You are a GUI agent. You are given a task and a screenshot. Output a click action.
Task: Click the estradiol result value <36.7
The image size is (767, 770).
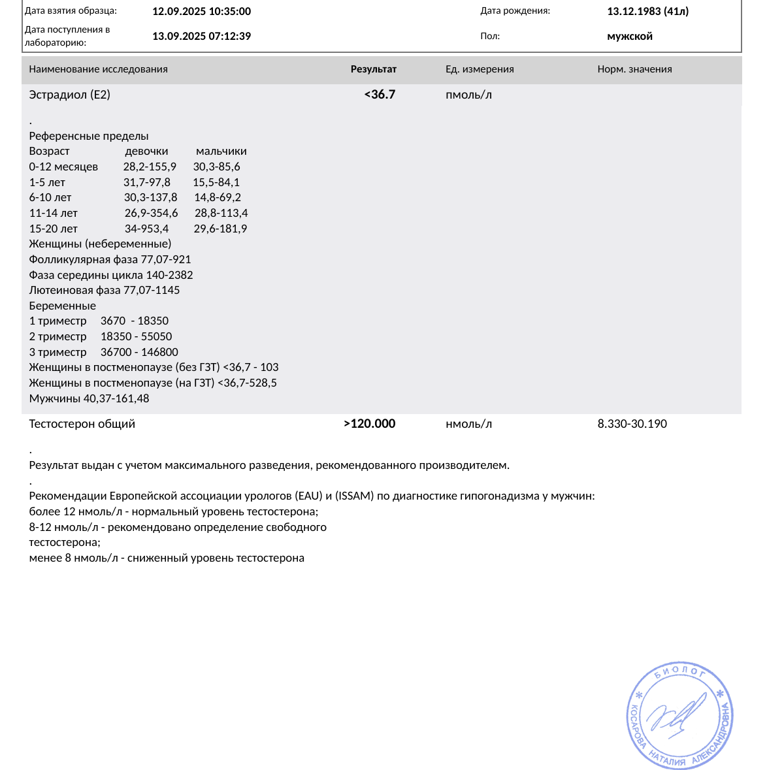(x=380, y=95)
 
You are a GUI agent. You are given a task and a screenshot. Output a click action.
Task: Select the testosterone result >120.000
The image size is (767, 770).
(x=370, y=424)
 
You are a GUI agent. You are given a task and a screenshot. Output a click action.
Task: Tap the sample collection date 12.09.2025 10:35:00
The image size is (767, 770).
(x=201, y=11)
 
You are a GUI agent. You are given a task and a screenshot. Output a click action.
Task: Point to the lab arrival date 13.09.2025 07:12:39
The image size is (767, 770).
(x=201, y=36)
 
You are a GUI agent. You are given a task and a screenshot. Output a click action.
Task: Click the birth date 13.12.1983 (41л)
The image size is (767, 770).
(x=647, y=11)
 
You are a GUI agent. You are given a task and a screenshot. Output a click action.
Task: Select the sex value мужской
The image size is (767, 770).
(x=630, y=36)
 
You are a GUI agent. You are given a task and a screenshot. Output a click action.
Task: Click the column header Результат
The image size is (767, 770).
(x=374, y=69)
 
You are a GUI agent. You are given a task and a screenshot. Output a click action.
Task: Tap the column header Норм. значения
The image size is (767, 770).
(x=634, y=69)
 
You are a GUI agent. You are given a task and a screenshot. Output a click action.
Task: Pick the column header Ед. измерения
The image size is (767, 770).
(x=480, y=69)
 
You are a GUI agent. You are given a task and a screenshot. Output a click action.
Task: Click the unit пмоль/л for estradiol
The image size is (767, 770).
(x=468, y=95)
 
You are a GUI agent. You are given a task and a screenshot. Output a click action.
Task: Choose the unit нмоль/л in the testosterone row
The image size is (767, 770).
(x=468, y=424)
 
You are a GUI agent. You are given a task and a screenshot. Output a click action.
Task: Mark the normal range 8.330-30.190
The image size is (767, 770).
(x=632, y=424)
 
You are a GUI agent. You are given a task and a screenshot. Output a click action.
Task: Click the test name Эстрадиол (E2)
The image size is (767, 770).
(x=70, y=95)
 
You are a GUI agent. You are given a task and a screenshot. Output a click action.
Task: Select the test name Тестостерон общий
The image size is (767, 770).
(x=82, y=424)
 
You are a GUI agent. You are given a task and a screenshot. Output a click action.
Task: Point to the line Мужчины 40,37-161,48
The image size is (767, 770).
(x=90, y=398)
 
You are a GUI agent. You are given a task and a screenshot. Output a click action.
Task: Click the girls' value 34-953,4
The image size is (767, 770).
(x=146, y=229)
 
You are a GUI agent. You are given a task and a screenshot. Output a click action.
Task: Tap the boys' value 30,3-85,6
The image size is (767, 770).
(x=216, y=167)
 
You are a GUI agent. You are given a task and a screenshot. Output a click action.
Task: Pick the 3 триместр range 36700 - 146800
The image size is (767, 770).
(x=139, y=352)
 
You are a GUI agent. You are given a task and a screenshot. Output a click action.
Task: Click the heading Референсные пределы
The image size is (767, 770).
(x=89, y=136)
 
